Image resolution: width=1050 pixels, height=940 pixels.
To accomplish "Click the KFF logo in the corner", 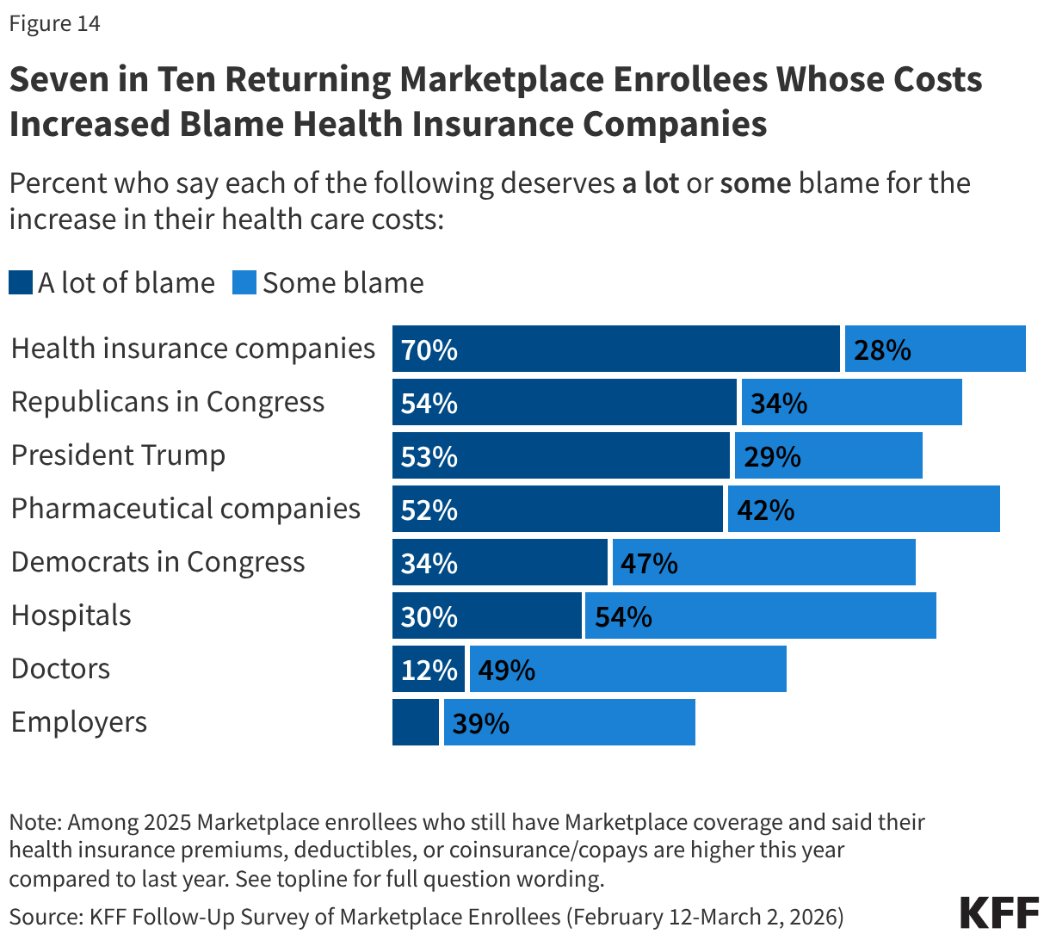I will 999,913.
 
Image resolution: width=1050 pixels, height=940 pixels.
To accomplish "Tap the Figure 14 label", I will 55,23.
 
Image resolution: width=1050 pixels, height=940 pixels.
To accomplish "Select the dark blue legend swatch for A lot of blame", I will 21,283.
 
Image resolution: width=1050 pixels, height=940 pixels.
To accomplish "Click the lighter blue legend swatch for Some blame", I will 244,283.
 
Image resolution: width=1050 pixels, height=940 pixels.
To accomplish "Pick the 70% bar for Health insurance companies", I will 615,349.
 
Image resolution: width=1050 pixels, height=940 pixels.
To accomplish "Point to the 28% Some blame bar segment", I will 935,349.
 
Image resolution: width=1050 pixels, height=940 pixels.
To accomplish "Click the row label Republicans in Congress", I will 168,402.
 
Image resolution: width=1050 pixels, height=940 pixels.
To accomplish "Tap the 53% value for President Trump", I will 429,456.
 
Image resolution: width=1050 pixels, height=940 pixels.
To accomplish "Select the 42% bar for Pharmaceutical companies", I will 863,509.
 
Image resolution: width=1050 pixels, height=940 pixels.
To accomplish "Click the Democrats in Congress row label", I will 158,562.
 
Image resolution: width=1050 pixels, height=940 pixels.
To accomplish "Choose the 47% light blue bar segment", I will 763,562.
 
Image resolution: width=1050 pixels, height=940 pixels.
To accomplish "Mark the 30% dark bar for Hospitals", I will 486,615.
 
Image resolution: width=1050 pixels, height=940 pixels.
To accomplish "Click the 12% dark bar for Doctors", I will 429,669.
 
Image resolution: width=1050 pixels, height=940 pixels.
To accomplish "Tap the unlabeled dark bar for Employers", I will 415,722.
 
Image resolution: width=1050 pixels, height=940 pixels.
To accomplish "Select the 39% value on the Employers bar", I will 481,723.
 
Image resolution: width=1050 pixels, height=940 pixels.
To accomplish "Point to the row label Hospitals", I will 71,615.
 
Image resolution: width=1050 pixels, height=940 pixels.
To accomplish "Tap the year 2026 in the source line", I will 810,916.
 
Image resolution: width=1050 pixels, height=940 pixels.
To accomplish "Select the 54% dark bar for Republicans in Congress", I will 564,402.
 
